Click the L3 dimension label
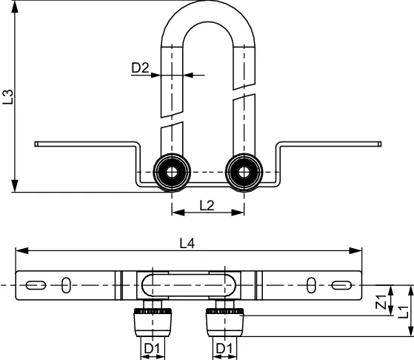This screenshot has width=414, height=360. (7, 97)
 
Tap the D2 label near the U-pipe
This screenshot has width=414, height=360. (141, 69)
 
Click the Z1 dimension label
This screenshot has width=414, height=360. (381, 301)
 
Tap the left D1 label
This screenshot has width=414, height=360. (153, 348)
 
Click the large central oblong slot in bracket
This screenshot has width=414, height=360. (188, 285)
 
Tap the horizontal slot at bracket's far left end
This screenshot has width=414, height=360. (35, 285)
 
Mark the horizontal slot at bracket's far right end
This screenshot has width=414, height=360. (341, 285)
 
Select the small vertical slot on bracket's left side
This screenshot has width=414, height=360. (66, 285)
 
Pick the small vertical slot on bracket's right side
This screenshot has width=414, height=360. (311, 285)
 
